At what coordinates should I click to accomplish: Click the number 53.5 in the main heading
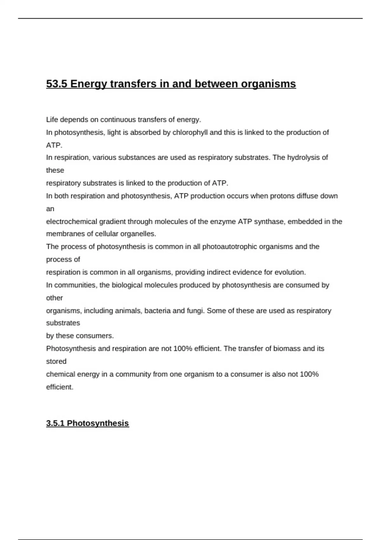57,84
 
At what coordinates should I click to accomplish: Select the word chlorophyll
190,132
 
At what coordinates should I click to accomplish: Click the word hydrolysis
304,158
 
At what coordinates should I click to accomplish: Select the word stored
56,361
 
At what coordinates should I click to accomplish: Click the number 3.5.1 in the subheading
56,423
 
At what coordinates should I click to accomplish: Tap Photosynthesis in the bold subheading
98,423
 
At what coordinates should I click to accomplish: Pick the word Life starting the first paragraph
52,120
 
